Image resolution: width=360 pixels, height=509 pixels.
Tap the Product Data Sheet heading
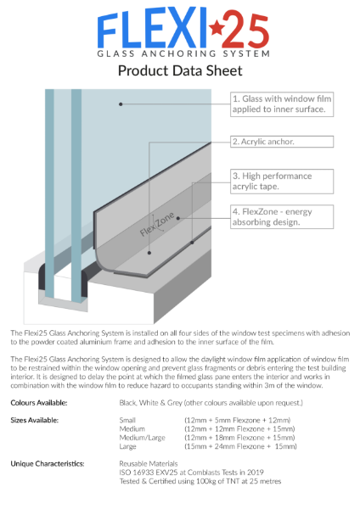click(180, 70)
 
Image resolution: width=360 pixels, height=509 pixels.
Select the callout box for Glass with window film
click(286, 103)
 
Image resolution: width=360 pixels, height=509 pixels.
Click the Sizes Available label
click(35, 420)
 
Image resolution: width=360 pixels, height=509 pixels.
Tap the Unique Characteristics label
click(47, 464)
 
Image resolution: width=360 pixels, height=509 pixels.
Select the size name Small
click(128, 420)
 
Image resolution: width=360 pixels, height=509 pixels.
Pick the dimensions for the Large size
click(240, 445)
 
